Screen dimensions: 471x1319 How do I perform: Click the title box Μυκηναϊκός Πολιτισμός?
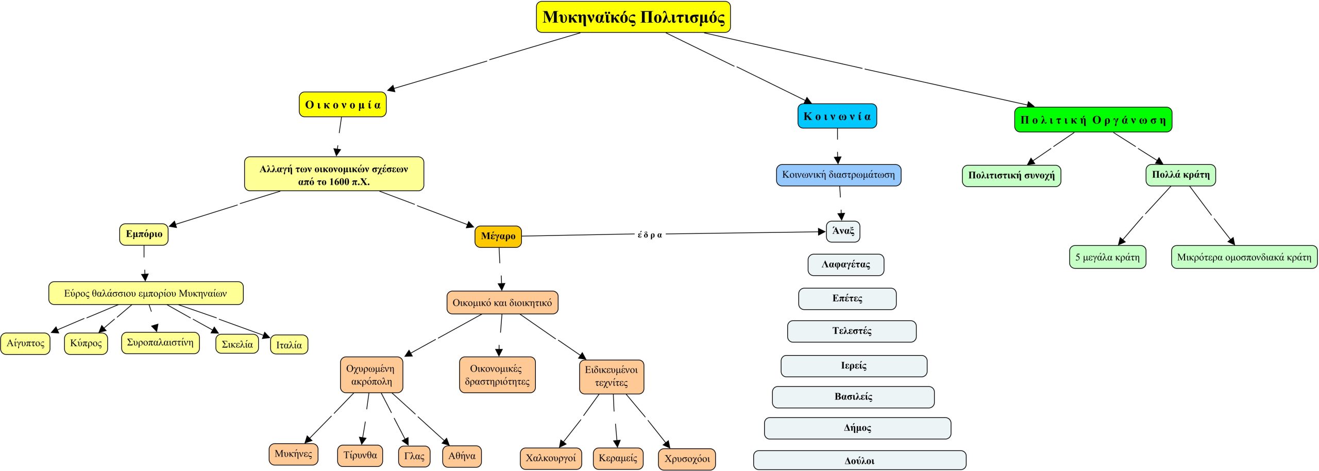(633, 17)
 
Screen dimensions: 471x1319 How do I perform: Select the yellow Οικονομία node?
(343, 105)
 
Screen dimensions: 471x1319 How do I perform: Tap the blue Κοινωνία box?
(837, 116)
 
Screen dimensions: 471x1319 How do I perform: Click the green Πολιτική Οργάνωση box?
(1093, 120)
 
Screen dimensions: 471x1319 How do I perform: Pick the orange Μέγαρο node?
(498, 236)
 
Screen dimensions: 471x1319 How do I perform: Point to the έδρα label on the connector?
(650, 235)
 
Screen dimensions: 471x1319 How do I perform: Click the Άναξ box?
(843, 231)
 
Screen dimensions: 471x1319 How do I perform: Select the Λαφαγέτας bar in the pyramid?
(845, 265)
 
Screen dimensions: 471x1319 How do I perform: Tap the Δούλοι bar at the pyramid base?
(859, 461)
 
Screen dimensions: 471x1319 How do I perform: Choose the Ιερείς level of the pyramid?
(854, 366)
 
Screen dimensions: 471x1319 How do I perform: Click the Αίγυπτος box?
(25, 344)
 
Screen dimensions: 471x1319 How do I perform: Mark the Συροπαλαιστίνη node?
(160, 343)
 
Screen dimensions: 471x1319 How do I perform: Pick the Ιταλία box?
(289, 345)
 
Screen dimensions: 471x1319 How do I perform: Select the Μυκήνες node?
(293, 454)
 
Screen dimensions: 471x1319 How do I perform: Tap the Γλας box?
(414, 456)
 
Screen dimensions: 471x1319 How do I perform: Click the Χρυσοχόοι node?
(687, 459)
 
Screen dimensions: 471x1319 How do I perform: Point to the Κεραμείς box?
(618, 458)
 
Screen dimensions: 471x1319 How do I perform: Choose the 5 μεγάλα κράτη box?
(1107, 257)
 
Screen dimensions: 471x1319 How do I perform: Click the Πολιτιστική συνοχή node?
(1011, 176)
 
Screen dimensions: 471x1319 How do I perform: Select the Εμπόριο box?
(144, 234)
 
